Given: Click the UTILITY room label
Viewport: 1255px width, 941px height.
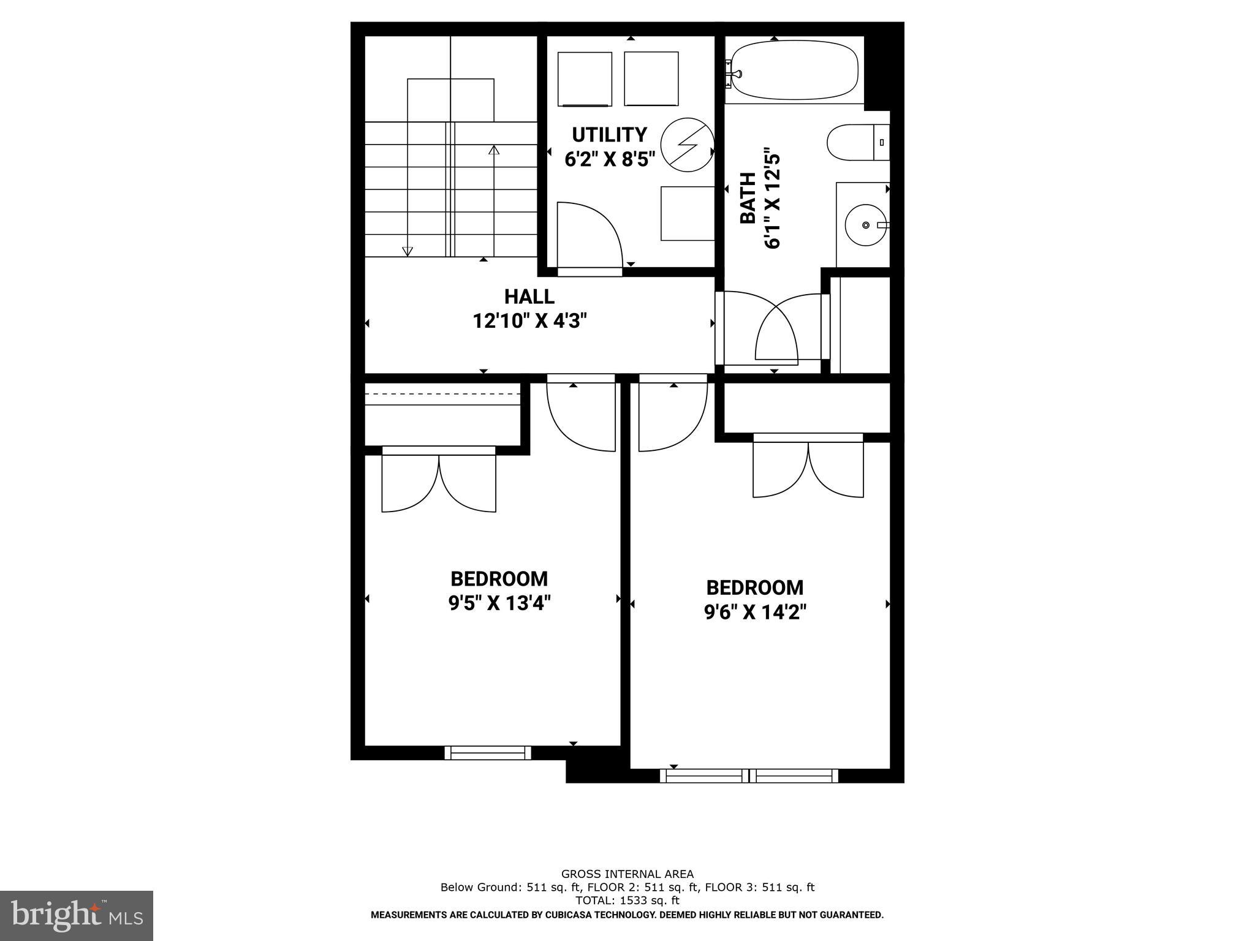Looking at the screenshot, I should (x=609, y=135).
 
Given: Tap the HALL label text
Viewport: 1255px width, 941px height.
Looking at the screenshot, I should (x=529, y=297).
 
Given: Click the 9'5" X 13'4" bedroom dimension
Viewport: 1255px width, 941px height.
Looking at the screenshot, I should (x=499, y=604).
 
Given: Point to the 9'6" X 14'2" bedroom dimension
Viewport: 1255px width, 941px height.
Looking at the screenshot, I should (x=755, y=613).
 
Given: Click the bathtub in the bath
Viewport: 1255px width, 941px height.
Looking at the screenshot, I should (x=794, y=70).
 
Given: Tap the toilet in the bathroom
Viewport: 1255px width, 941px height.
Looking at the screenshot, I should (x=857, y=143).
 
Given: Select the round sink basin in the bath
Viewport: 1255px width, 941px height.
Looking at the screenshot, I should (x=865, y=225).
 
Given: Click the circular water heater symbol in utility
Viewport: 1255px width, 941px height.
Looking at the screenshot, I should (x=687, y=145).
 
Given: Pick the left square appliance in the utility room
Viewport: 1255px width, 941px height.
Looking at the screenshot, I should (x=585, y=79).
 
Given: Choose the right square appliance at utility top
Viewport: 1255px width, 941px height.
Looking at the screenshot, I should (x=651, y=78).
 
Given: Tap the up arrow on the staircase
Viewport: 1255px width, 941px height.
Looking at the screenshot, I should (x=494, y=150).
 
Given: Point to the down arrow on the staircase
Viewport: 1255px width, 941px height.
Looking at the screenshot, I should (x=407, y=250).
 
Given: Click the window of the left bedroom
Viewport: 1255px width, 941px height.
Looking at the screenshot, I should (x=488, y=753).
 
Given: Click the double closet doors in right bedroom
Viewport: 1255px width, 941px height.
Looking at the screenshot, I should (x=808, y=469).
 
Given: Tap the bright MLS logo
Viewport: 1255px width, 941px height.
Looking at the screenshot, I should (x=77, y=915).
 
